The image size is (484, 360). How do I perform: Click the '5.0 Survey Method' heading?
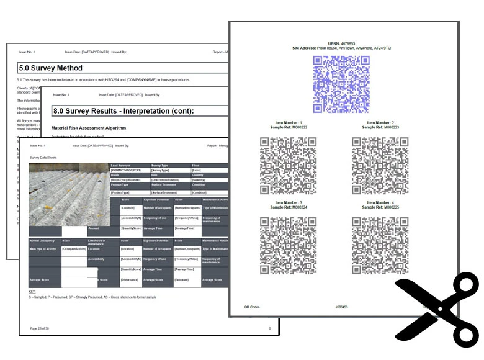click(51, 68)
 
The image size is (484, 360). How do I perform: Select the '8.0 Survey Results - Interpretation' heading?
click(123, 111)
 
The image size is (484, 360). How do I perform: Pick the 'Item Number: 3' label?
click(288, 203)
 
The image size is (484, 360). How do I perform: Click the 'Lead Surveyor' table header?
click(122, 166)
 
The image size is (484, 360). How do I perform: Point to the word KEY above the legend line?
click(33, 291)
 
